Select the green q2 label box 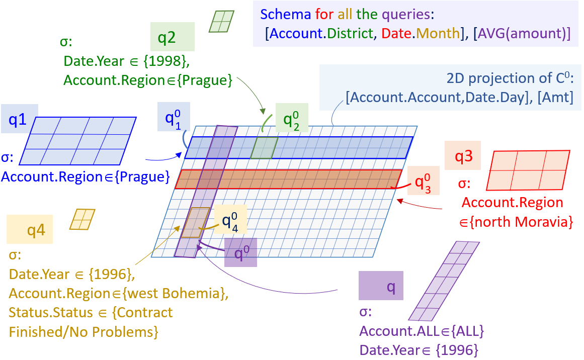173,37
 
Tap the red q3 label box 464,156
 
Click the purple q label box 381,286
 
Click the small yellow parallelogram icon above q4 82,219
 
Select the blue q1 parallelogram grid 77,141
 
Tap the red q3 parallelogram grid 527,170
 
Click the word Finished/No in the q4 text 45,332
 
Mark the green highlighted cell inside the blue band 264,147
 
